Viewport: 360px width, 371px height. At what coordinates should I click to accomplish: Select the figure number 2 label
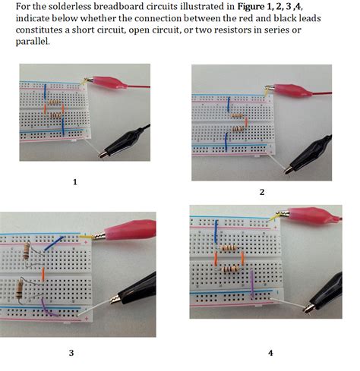(262, 192)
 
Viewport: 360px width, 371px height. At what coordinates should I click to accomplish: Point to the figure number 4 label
(270, 353)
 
